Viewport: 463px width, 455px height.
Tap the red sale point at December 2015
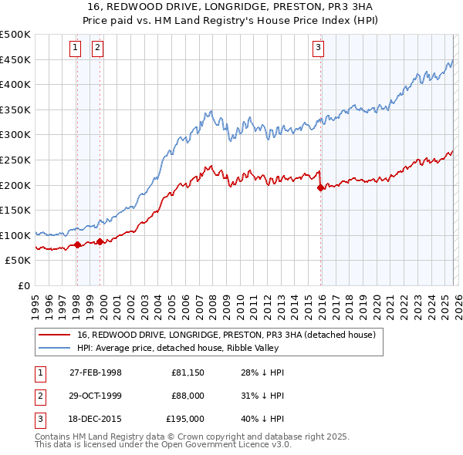pos(320,187)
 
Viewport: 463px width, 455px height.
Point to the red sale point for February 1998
pos(77,244)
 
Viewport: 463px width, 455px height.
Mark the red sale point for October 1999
pos(100,241)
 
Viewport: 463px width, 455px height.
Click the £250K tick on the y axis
pos(15,160)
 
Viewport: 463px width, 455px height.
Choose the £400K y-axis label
pos(15,85)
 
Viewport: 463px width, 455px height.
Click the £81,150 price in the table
pos(188,372)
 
